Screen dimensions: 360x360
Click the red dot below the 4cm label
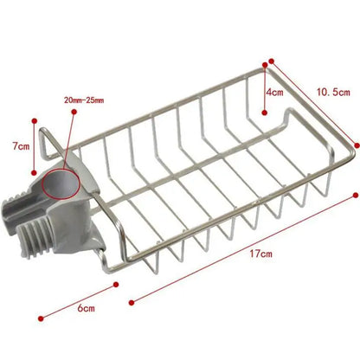coord(265,112)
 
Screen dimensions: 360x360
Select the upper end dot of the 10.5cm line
coord(272,61)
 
